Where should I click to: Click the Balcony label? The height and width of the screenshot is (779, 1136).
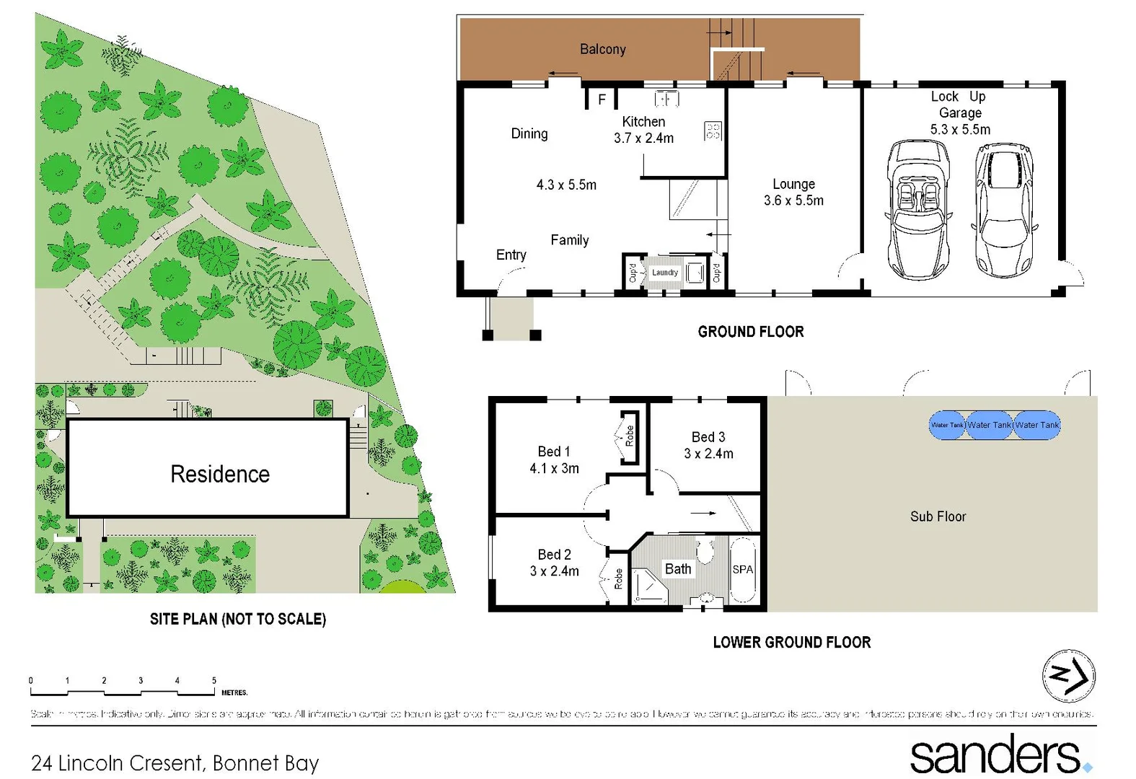tap(602, 49)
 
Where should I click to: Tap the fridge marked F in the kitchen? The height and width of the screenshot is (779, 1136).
tap(602, 100)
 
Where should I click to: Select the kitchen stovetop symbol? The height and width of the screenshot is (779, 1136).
tap(713, 131)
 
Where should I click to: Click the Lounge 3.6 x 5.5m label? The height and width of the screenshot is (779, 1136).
tap(793, 193)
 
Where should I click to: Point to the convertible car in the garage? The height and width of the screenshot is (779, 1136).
tap(917, 209)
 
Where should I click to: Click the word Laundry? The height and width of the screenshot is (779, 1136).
tap(665, 273)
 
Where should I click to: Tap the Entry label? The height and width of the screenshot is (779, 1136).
tap(511, 255)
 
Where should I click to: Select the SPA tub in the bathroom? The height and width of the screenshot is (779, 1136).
tap(742, 570)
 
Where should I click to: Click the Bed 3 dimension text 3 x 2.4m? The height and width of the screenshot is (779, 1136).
tap(708, 454)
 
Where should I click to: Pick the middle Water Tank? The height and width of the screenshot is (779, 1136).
tap(989, 425)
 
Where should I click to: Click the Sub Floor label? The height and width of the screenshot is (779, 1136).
tap(937, 516)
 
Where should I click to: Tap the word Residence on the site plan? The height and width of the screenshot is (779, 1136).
tap(220, 474)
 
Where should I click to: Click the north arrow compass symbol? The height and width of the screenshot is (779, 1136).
tap(1068, 676)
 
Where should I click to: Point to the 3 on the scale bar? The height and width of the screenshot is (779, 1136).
tap(141, 680)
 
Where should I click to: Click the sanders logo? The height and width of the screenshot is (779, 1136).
tap(999, 754)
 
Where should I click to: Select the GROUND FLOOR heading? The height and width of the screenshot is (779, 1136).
tap(750, 332)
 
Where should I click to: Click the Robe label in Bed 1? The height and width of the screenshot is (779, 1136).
tap(629, 436)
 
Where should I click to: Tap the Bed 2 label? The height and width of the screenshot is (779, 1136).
tap(554, 555)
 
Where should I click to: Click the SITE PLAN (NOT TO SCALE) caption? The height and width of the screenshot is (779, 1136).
tap(237, 619)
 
